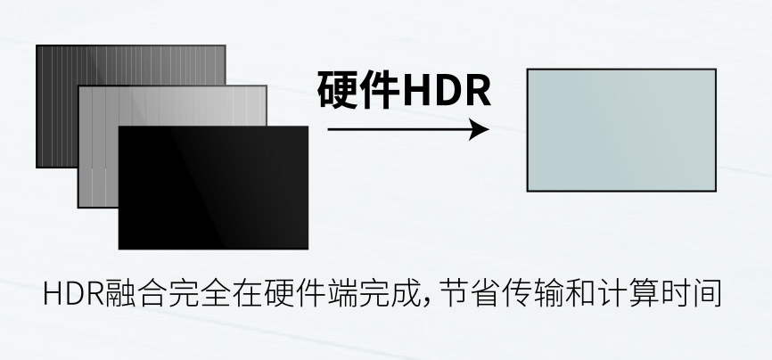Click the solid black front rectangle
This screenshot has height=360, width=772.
(213, 188)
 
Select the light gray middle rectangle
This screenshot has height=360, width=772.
(98, 148)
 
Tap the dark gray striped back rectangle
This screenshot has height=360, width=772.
(57, 106)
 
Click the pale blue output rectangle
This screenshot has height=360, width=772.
(621, 130)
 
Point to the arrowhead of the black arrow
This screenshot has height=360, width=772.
(479, 129)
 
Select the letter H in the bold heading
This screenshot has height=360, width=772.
(417, 91)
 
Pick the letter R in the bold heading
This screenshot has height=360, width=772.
(477, 91)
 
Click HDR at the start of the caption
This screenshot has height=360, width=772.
(74, 293)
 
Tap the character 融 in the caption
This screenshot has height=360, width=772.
(119, 293)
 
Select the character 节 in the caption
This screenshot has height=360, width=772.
(454, 293)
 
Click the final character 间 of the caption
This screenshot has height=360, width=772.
(707, 293)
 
